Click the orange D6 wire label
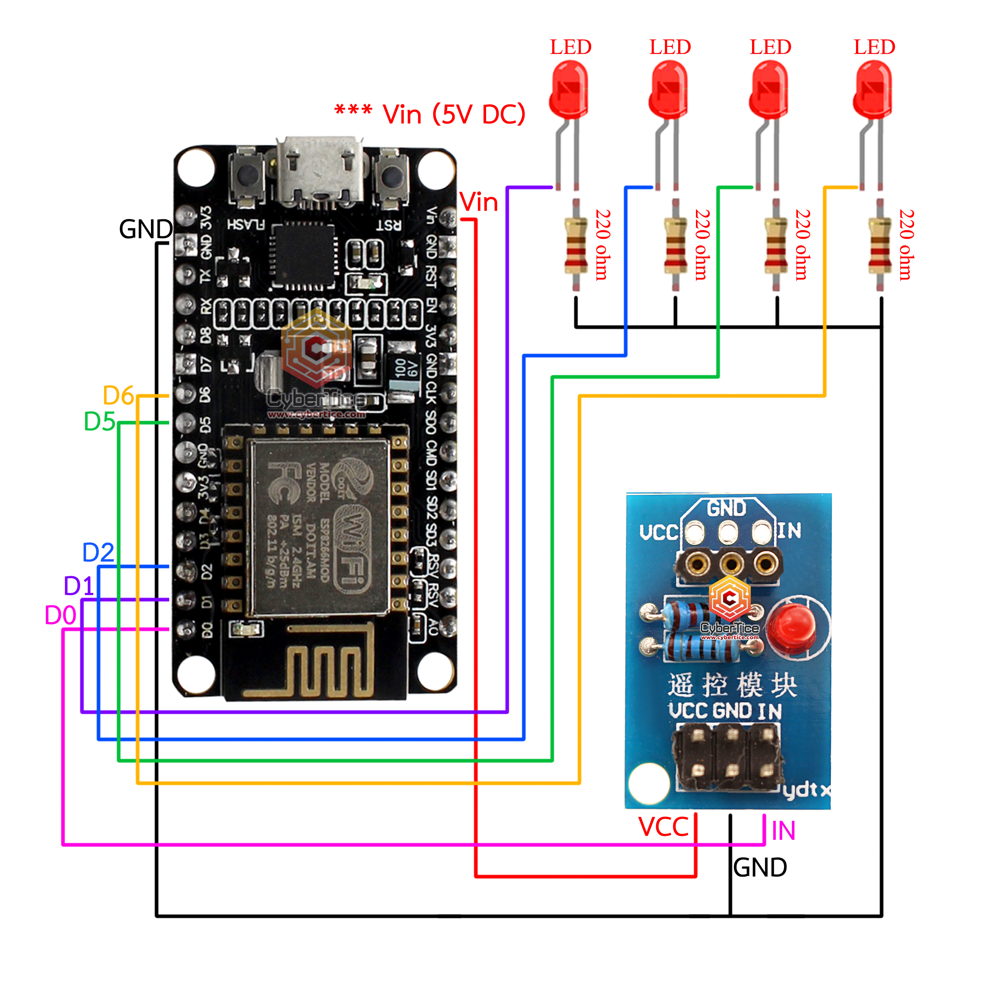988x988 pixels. point(118,395)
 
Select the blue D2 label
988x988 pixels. point(98,553)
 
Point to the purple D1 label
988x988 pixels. point(79,586)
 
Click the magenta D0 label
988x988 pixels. point(60,615)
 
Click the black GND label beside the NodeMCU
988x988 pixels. point(146,229)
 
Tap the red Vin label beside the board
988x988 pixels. point(479,202)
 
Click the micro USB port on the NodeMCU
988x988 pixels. point(320,171)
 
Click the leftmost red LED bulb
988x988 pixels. point(569,89)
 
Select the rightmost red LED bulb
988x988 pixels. point(873,89)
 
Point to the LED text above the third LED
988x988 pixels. point(770,47)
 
